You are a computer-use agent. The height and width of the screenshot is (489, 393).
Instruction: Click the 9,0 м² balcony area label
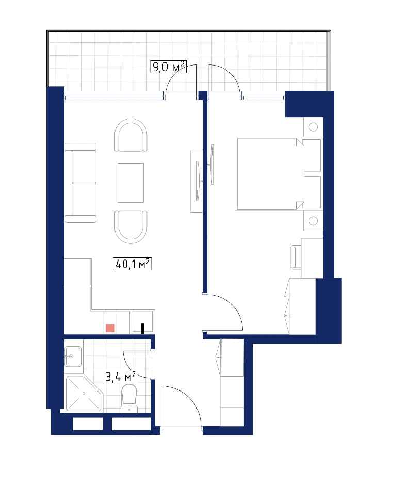(x=169, y=67)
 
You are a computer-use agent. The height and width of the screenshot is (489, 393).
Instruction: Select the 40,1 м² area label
(x=132, y=264)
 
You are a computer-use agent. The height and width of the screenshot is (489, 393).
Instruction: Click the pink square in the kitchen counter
(x=110, y=328)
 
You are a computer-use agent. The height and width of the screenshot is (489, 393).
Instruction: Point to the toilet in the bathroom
(x=129, y=398)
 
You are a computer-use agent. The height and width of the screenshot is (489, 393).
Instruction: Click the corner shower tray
(x=83, y=394)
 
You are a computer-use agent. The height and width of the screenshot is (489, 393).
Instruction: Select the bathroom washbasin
(x=73, y=356)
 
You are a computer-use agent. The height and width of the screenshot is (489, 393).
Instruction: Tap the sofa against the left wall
(x=80, y=183)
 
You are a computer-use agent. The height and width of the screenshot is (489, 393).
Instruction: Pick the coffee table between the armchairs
(x=130, y=183)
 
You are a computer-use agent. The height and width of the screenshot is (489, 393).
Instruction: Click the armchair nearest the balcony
(x=130, y=136)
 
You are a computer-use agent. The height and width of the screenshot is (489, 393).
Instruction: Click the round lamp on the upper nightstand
(x=313, y=127)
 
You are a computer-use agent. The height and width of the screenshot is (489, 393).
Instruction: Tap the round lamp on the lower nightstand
(x=313, y=221)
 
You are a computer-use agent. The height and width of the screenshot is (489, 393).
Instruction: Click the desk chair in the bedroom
(x=296, y=257)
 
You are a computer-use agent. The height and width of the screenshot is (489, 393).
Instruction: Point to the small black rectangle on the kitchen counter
(x=143, y=329)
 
